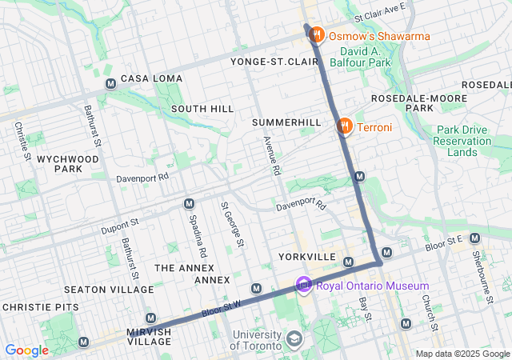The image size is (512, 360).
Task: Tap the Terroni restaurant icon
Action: [345, 126]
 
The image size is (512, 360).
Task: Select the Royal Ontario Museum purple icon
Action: [303, 285]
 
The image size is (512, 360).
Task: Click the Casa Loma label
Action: [151, 78]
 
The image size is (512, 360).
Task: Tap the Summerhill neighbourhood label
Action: [286, 122]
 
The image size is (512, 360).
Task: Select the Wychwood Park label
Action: [72, 164]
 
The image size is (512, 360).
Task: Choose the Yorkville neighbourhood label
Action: [307, 257]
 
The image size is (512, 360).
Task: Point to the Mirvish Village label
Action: [149, 336]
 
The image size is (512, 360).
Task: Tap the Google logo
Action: [26, 350]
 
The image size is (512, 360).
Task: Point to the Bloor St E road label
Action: [444, 240]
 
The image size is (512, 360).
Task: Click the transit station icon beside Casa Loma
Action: [110, 84]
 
